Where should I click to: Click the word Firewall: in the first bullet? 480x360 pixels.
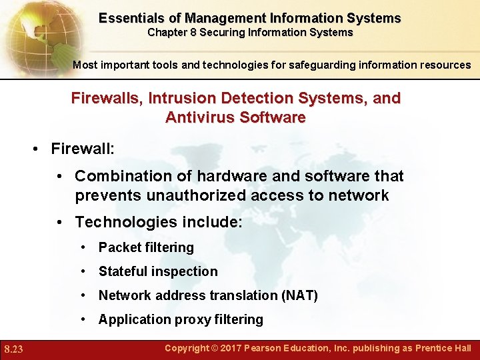(83, 148)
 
